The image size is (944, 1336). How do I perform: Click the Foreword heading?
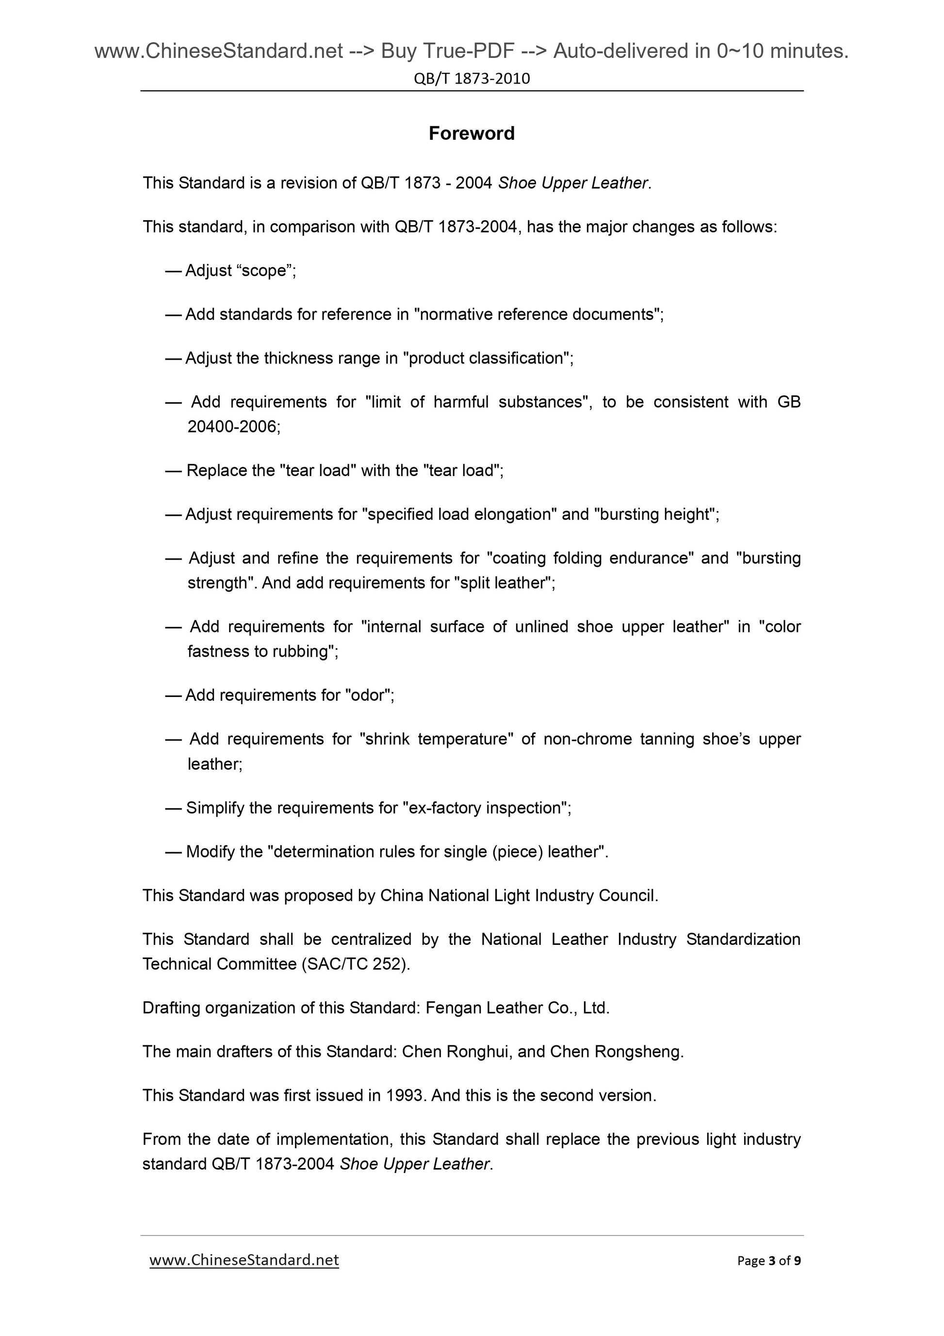(x=471, y=133)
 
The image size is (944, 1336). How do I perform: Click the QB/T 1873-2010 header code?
(x=472, y=79)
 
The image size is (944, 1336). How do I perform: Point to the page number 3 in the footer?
(x=772, y=1260)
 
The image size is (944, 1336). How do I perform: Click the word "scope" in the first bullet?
(x=263, y=271)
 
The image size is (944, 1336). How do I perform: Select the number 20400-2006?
(x=233, y=427)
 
